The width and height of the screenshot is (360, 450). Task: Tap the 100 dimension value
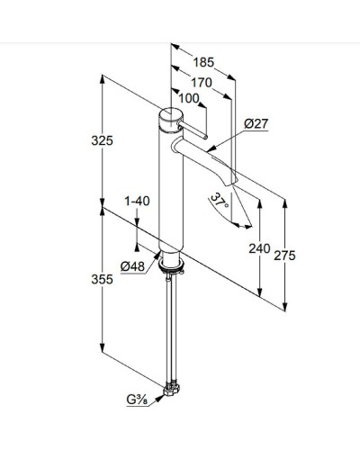(x=188, y=98)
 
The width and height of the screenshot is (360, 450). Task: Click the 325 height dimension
(x=103, y=141)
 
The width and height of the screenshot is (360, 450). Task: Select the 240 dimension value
(x=258, y=249)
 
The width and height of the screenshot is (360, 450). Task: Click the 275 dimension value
(x=284, y=256)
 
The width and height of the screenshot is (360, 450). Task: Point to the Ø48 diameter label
(x=133, y=265)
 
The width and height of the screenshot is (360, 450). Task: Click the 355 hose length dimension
(x=103, y=280)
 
